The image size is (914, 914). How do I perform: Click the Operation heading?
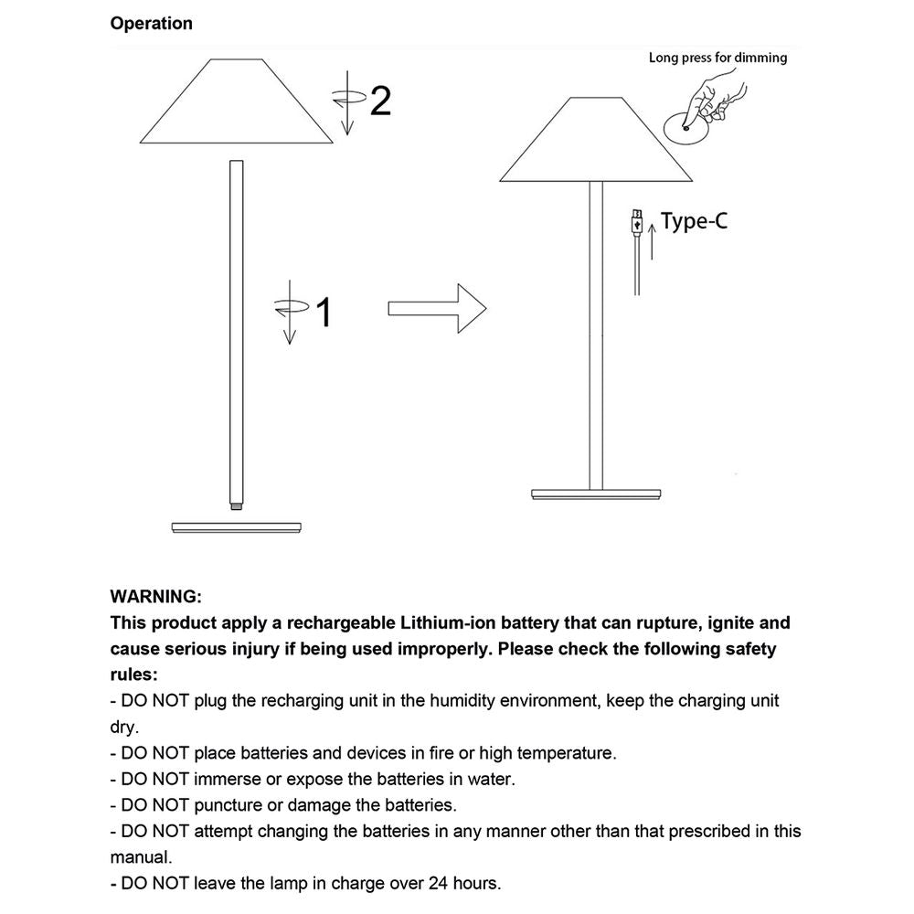coord(151,24)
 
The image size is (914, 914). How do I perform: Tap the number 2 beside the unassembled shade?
coord(379,101)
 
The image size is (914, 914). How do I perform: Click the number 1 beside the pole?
coord(322,314)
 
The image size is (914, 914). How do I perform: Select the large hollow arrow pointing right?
coord(436,308)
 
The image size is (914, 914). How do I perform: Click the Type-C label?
coord(694,220)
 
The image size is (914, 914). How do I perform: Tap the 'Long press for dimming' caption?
coord(717,58)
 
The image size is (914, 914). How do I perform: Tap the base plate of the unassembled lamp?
coord(237,526)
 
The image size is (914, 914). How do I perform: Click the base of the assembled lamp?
coord(595,494)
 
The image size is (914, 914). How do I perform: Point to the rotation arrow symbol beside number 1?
coord(290,313)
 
